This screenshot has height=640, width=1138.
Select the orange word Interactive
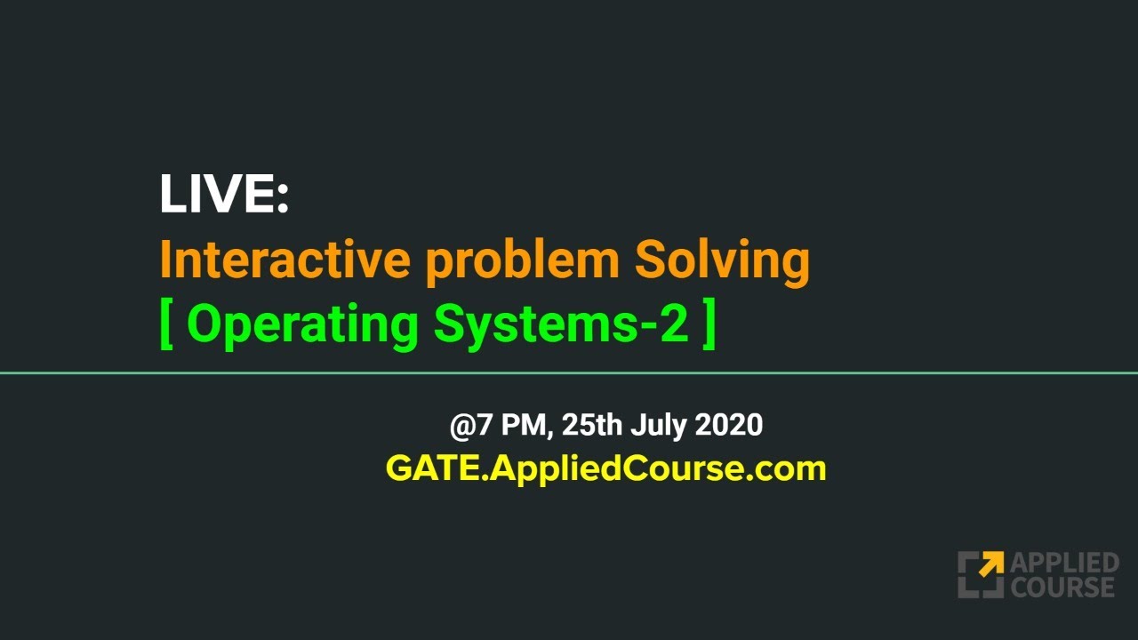284,260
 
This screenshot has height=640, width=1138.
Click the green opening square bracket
166,325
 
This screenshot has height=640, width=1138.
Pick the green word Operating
302,325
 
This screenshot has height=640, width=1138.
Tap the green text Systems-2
561,325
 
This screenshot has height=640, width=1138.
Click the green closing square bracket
709,325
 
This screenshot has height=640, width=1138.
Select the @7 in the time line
470,425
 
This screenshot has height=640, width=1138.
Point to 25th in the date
592,425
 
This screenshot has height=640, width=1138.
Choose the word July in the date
659,426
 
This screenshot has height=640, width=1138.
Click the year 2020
728,425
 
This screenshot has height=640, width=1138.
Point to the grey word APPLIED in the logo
1064,564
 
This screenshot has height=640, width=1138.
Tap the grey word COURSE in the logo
1062,587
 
